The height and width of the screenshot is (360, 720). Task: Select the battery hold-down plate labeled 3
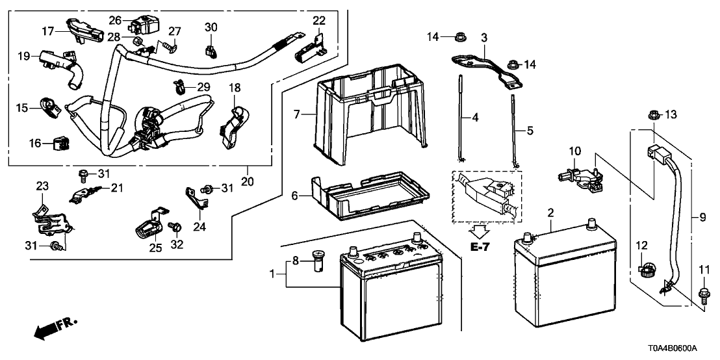tap(485, 69)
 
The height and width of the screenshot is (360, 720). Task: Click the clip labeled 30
tap(211, 48)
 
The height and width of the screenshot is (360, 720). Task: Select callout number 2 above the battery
tap(550, 212)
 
